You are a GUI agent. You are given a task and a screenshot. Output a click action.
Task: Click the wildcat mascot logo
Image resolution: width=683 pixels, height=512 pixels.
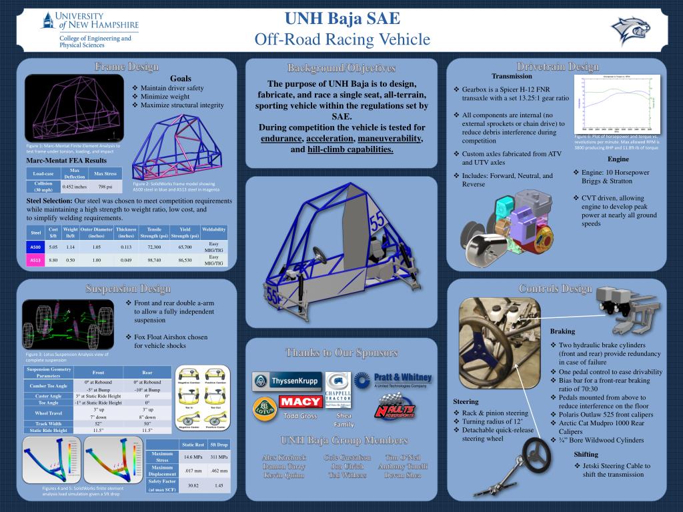point(630,29)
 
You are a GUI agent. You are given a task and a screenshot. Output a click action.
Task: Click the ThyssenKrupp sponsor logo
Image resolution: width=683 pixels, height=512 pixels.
point(287,381)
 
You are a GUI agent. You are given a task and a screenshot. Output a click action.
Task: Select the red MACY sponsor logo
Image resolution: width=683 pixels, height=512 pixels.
point(300,401)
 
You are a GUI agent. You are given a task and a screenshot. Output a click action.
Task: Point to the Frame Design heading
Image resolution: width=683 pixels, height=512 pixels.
point(127,67)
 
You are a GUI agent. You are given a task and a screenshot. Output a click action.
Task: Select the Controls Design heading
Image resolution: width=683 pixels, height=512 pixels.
point(555,288)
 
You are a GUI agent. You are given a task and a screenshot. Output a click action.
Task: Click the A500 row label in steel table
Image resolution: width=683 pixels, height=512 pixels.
point(35,247)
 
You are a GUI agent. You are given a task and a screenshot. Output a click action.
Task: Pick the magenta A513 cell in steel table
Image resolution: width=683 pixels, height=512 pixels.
point(35,260)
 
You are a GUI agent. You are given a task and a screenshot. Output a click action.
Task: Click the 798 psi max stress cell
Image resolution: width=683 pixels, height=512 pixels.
point(105,187)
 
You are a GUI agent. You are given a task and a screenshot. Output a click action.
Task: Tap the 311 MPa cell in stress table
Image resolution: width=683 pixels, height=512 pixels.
point(219,457)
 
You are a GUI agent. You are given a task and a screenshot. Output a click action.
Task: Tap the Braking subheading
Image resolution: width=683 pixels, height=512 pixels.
point(562,331)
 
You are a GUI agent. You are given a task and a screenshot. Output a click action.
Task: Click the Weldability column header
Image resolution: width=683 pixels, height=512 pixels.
point(213,229)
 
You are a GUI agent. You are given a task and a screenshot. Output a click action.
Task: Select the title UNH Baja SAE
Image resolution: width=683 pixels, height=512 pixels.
point(342,18)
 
